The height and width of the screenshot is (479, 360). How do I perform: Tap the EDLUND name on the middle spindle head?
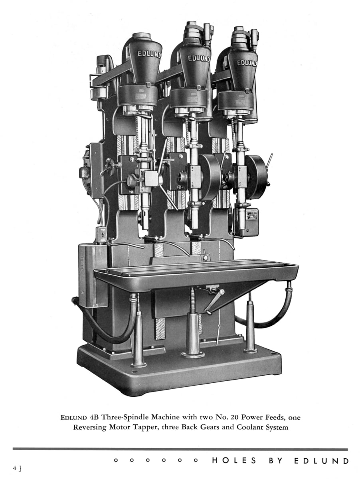coord(199,59)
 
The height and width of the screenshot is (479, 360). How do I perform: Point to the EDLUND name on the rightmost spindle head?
coord(247,63)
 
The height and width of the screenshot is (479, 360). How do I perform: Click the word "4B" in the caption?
coord(94,417)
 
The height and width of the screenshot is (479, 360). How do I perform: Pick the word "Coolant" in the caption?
coord(249,427)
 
